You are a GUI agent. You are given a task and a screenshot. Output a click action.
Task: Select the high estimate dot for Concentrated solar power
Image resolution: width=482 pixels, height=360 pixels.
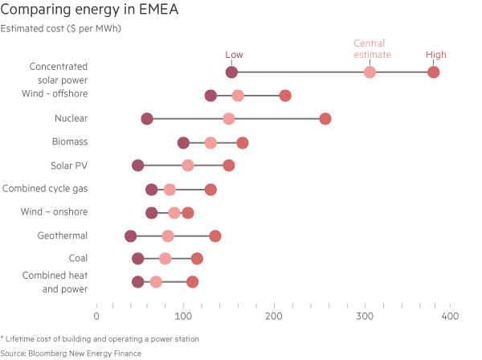(434, 72)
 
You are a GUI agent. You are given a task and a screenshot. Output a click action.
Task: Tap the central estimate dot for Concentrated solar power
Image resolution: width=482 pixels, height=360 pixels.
(370, 72)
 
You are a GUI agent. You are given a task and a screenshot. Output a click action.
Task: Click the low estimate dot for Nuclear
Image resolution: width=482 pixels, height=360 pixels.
(147, 119)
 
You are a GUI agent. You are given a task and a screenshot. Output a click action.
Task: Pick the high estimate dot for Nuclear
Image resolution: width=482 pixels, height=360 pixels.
(325, 119)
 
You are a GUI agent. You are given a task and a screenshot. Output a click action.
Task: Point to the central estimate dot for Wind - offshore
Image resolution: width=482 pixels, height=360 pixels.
(238, 96)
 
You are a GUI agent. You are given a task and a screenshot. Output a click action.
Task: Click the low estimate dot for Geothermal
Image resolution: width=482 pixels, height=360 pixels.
(131, 235)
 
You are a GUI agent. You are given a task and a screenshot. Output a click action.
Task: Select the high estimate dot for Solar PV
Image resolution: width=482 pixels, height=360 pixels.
(229, 166)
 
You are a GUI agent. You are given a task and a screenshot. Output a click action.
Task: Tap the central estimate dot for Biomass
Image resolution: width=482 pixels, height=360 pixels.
(210, 142)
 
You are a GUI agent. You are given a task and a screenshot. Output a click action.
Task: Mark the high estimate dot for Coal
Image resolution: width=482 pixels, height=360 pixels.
(197, 259)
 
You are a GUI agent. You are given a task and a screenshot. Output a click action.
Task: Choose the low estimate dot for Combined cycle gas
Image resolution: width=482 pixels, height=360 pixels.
(152, 189)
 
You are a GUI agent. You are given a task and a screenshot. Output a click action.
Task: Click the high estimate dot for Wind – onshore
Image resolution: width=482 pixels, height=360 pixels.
(188, 212)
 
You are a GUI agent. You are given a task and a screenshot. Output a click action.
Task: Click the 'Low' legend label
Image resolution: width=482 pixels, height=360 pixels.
(234, 55)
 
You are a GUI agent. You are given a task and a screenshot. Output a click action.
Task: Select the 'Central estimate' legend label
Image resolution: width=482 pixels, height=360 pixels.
(372, 49)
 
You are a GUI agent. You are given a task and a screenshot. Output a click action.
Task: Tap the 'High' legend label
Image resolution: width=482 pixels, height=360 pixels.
(436, 55)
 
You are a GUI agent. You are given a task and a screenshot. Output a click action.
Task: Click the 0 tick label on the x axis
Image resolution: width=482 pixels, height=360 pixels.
(96, 317)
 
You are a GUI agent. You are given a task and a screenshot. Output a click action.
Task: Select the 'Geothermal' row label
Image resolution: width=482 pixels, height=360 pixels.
(63, 235)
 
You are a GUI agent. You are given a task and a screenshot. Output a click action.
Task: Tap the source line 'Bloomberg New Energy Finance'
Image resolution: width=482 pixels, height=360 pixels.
(71, 353)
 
